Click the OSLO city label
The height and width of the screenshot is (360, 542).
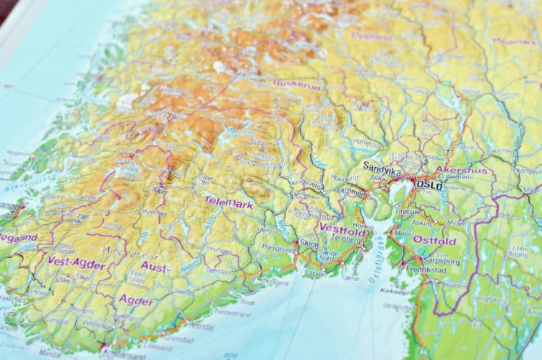point(430,185)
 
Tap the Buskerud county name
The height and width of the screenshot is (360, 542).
point(296,84)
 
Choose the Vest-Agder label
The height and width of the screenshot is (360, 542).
point(77,263)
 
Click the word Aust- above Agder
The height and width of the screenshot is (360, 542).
point(155,267)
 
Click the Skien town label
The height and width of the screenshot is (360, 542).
point(309,244)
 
